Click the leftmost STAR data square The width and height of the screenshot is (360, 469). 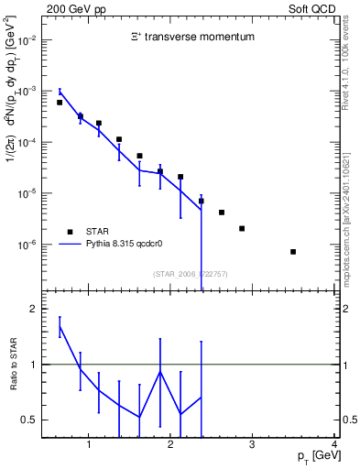60,103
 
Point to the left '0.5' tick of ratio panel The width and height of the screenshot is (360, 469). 28,420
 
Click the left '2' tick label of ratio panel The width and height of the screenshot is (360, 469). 34,310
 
